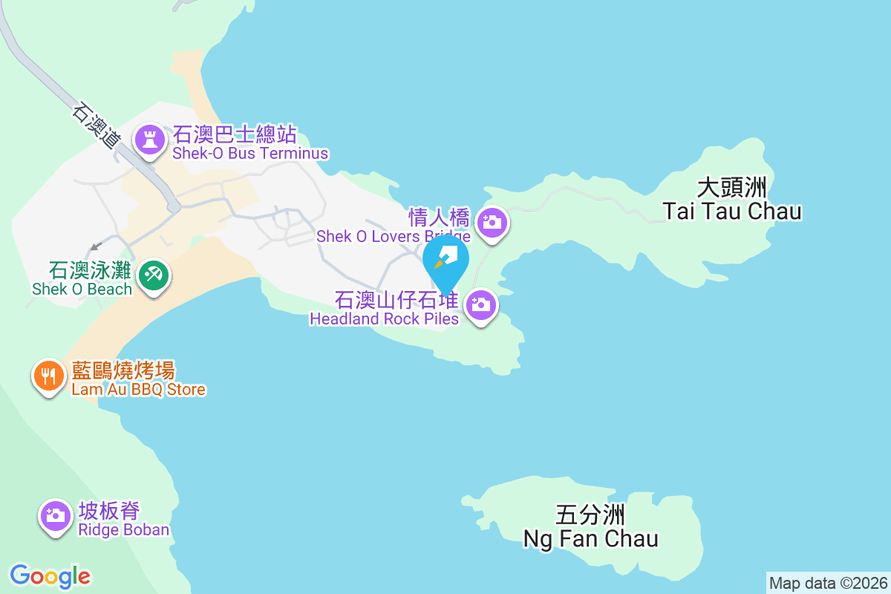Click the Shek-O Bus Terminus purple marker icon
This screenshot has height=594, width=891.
[x=150, y=140]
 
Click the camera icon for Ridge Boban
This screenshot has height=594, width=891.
[x=55, y=515]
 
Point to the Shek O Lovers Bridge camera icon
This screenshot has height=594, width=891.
[x=490, y=222]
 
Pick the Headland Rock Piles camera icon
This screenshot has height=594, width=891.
[x=481, y=304]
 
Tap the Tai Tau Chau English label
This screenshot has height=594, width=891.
[x=732, y=212]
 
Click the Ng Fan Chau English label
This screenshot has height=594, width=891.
[x=591, y=538]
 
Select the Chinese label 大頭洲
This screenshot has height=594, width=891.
[x=732, y=186]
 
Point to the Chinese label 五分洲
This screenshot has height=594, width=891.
[x=591, y=515]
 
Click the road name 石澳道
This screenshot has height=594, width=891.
[x=96, y=125]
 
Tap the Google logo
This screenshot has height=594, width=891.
[x=50, y=576]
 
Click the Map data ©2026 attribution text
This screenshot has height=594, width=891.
[x=827, y=583]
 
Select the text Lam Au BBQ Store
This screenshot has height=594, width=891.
[x=138, y=390]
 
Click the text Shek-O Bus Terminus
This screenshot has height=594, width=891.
[x=250, y=154]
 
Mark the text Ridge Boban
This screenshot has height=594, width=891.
[x=124, y=530]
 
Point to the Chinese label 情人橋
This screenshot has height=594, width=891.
[x=439, y=218]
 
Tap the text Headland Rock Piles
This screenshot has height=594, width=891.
[x=384, y=319]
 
